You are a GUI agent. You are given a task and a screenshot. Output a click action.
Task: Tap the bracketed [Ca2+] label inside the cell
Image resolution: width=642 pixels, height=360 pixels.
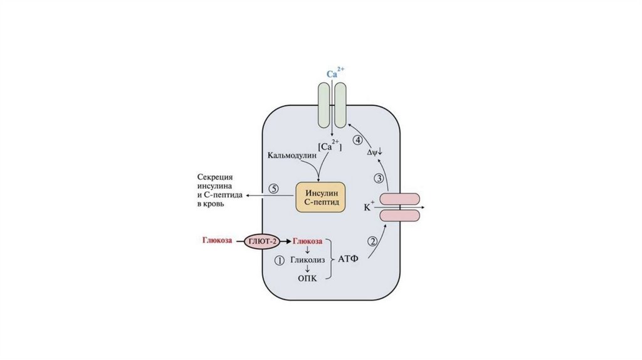click(x=330, y=146)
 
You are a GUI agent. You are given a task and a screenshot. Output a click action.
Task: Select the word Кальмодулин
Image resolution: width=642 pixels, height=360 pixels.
click(x=290, y=155)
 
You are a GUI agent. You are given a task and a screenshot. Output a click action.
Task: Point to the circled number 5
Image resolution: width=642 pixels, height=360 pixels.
click(x=273, y=188)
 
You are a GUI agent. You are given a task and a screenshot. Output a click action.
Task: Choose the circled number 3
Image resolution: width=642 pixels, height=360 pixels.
click(x=379, y=179)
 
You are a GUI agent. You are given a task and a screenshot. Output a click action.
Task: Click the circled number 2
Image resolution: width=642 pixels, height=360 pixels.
click(x=373, y=240)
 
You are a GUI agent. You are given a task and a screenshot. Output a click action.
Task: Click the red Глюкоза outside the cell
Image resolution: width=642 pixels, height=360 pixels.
click(x=217, y=240)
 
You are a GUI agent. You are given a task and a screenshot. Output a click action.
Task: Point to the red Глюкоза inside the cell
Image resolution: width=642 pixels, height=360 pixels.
click(x=308, y=240)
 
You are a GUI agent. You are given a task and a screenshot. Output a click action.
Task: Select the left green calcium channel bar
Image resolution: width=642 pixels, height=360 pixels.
click(x=324, y=107)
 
